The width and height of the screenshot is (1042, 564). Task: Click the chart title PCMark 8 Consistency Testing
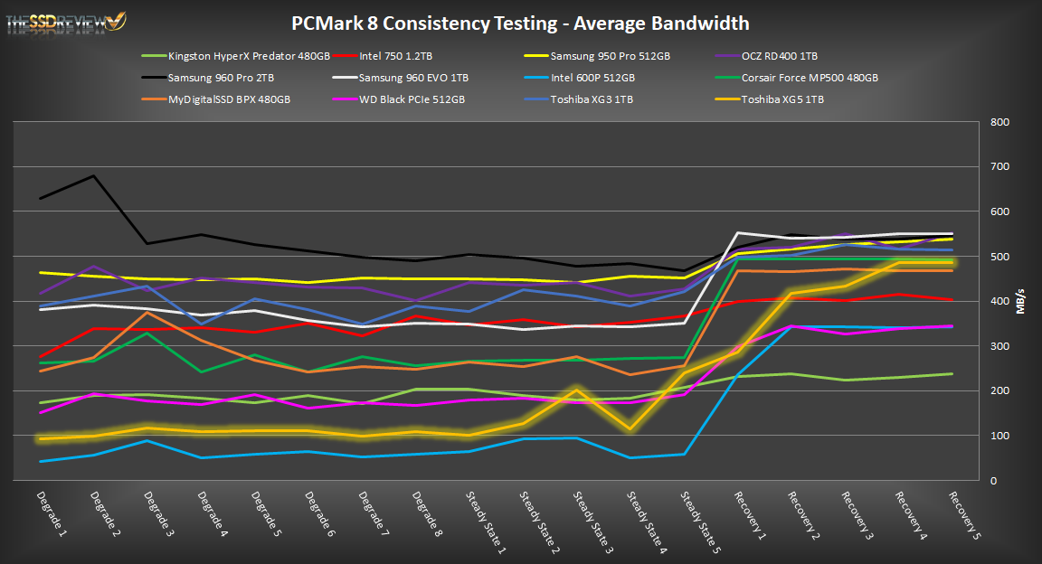pos(520,23)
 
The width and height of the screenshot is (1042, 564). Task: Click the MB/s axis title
pos(1021,301)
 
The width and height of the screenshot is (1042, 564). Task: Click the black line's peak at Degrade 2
pos(93,176)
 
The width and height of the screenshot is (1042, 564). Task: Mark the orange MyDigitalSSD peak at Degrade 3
pos(147,312)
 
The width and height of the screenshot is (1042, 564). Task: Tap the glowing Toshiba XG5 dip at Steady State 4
pos(630,429)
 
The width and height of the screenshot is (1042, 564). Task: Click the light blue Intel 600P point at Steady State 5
pos(685,455)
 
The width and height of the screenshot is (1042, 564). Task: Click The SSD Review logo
pos(67,20)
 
